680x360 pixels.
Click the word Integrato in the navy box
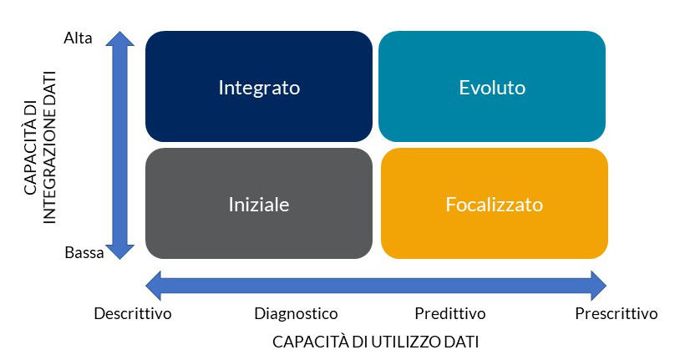click(x=259, y=88)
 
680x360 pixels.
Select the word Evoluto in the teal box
click(x=492, y=88)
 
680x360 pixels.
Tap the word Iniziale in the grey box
click(x=259, y=205)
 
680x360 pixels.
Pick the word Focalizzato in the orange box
click(x=495, y=205)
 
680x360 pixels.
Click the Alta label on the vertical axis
click(x=78, y=38)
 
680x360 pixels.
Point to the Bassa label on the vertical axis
click(x=84, y=252)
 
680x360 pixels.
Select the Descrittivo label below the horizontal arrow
click(x=133, y=313)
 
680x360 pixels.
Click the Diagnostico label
click(x=296, y=313)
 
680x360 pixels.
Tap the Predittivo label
click(x=450, y=313)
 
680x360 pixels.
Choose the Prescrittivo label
click(x=617, y=313)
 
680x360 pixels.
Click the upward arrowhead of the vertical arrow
click(x=120, y=38)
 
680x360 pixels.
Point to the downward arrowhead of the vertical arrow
click(x=120, y=252)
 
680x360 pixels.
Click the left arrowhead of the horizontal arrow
click(x=154, y=286)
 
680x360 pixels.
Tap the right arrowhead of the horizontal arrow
click(x=598, y=286)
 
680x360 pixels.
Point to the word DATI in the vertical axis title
click(x=49, y=87)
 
